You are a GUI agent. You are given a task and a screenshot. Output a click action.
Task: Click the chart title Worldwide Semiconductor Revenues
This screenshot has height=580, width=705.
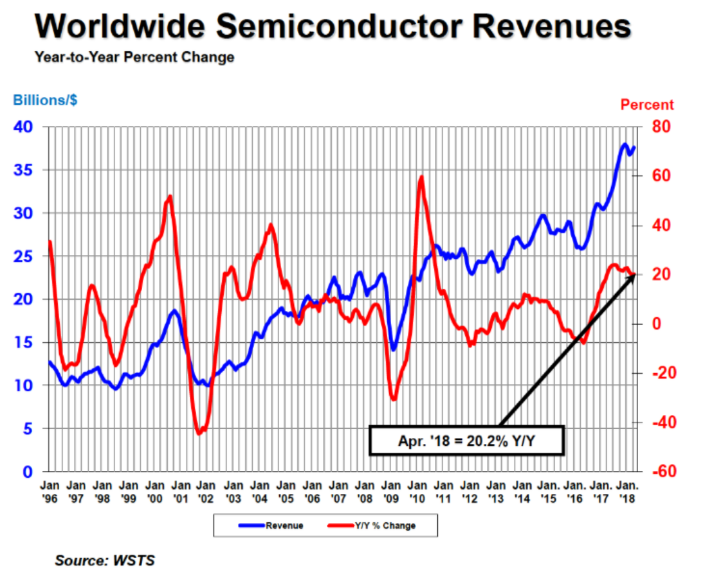point(333,27)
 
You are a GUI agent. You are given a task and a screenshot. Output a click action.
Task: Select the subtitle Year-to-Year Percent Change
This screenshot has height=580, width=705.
point(134,57)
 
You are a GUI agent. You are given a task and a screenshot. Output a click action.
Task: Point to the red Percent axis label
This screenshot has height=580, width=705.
point(646,105)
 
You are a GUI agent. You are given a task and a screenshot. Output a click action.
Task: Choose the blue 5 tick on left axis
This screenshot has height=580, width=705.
point(28,428)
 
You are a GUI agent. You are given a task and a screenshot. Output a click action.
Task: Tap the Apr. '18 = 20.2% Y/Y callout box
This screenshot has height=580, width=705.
point(466,441)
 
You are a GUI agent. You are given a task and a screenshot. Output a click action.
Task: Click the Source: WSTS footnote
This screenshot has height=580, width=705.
point(105,561)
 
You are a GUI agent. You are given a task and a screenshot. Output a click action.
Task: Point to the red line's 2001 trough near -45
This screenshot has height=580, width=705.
point(199,434)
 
